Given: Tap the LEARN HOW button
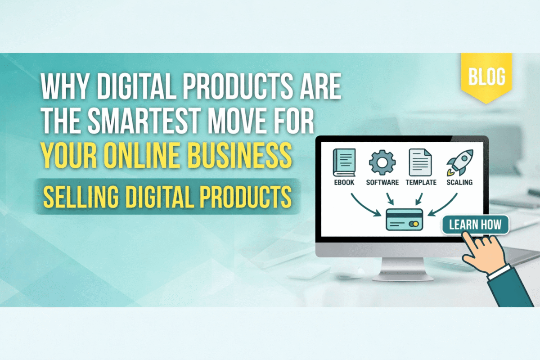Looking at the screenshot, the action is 475,225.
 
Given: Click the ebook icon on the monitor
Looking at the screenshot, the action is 344,162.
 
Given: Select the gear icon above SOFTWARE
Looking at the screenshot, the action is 382,162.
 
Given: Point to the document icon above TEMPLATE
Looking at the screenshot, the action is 420,162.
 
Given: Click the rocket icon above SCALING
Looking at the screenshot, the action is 460,162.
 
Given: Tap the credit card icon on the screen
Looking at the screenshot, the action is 404,220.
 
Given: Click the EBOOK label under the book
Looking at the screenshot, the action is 344,183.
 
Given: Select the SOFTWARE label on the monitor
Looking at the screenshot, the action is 382,183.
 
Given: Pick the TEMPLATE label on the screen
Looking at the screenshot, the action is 421,183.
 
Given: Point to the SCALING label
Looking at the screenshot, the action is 459,183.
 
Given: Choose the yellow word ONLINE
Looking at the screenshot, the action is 143,155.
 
